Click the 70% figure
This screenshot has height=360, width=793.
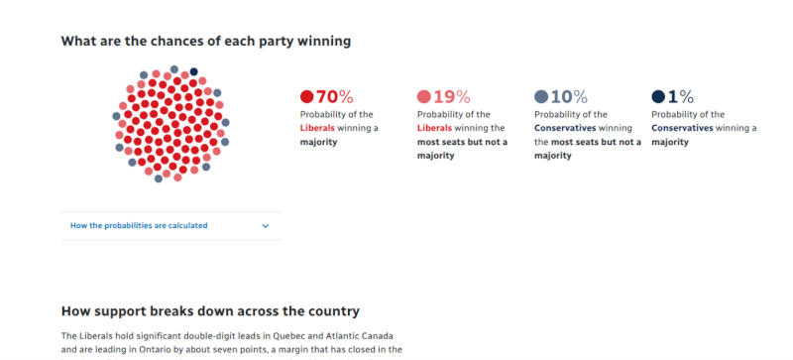(334, 96)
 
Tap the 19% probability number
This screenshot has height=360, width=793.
(451, 96)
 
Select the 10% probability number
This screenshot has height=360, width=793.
(569, 96)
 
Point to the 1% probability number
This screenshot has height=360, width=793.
(680, 96)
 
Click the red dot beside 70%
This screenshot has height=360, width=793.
(306, 97)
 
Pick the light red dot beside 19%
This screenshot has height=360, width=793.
(423, 97)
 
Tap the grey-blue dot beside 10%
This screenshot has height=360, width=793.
(541, 97)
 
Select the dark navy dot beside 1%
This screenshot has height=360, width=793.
(658, 97)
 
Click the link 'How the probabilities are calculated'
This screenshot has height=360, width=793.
(139, 225)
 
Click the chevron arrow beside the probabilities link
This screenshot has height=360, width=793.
(265, 225)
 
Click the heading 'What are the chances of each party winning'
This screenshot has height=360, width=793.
(205, 41)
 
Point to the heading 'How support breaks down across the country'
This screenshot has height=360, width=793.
(209, 310)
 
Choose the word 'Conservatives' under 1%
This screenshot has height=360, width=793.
(682, 128)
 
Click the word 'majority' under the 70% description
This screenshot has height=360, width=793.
(319, 142)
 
